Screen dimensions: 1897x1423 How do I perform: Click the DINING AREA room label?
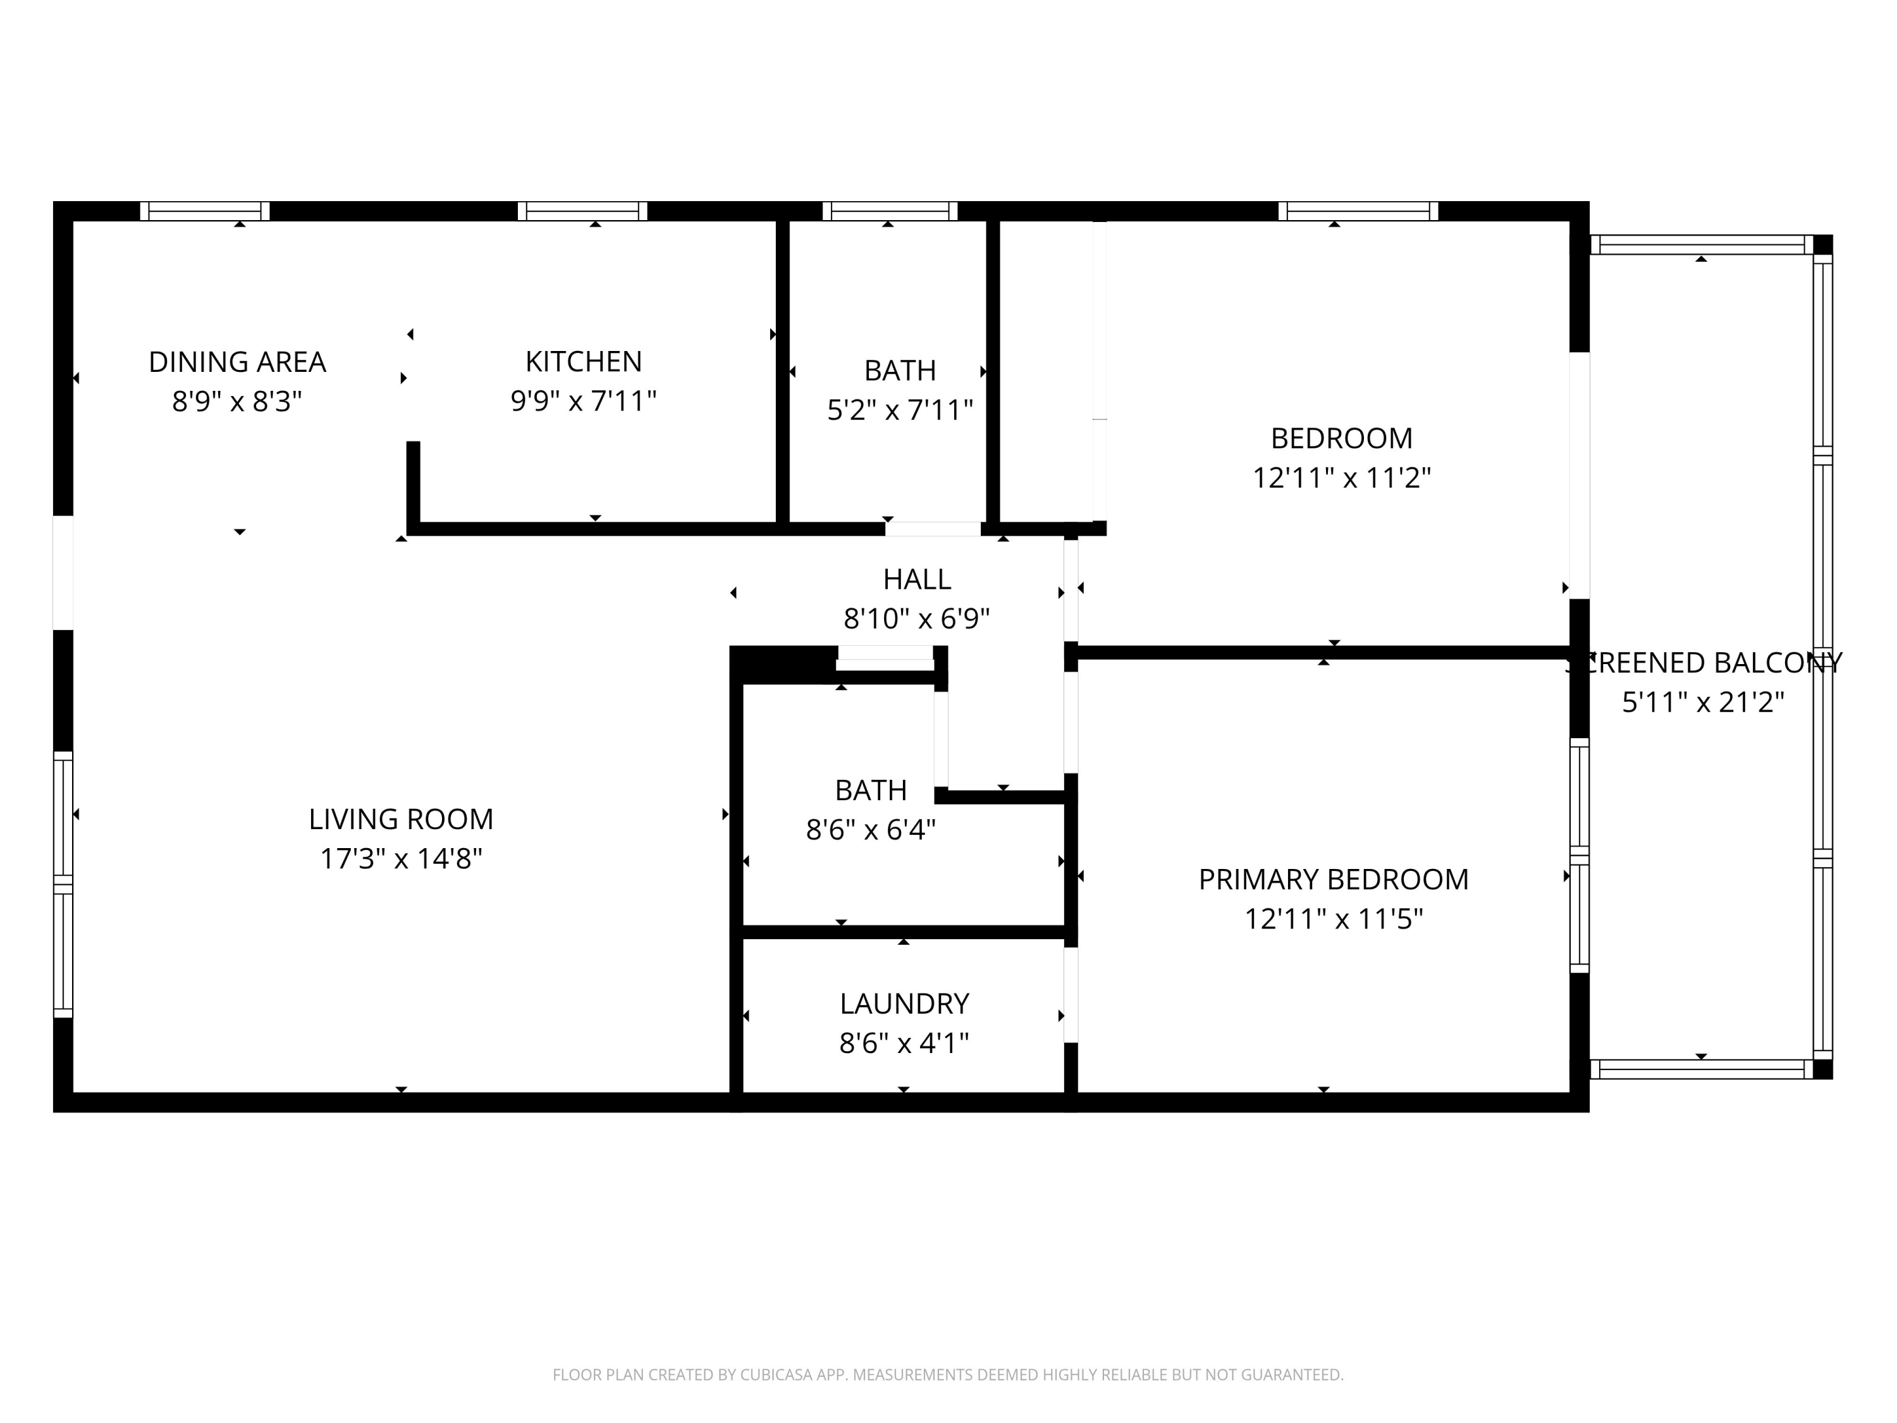238,362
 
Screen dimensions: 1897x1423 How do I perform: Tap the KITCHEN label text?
583,362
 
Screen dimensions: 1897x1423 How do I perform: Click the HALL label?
917,580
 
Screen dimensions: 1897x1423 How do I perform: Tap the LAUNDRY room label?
904,1004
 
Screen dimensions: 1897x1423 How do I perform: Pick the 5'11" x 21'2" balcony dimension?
1703,703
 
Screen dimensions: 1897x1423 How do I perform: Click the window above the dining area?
205,211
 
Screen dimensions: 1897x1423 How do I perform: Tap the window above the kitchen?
582,211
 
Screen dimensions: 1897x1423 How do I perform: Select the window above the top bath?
890,211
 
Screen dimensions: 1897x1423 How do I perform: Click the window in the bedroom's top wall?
1358,211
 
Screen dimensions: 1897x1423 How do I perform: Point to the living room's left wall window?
63,884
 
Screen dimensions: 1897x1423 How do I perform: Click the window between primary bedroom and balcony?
1580,855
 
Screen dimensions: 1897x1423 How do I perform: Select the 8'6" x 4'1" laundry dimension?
904,1043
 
